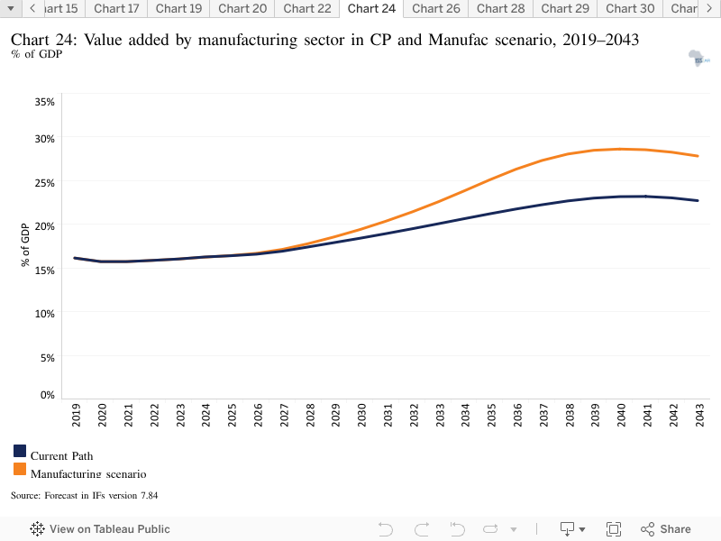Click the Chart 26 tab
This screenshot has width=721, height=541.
point(436,9)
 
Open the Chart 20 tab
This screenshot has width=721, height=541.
point(242,9)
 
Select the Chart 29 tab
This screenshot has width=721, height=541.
point(565,9)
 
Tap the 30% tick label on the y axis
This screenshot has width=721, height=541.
point(44,139)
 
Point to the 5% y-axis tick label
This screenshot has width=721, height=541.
point(48,357)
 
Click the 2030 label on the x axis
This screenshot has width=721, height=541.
point(362,415)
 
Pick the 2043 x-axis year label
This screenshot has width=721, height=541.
point(700,415)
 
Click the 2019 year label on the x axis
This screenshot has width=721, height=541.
point(76,415)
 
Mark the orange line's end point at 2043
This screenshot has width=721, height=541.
point(698,156)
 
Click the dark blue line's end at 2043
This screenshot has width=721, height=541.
point(698,200)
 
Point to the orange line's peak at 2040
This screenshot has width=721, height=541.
point(620,149)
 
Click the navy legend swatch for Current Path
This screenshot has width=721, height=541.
point(20,451)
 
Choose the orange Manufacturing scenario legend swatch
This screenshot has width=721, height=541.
point(20,469)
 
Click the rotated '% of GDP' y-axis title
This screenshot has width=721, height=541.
point(25,244)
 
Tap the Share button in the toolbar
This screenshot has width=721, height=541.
point(666,529)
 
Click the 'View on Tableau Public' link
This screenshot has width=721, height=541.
point(100,529)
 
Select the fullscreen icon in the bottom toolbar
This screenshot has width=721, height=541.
point(614,529)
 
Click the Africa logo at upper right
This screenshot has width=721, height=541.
point(699,59)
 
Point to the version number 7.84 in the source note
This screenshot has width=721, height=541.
point(149,495)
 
